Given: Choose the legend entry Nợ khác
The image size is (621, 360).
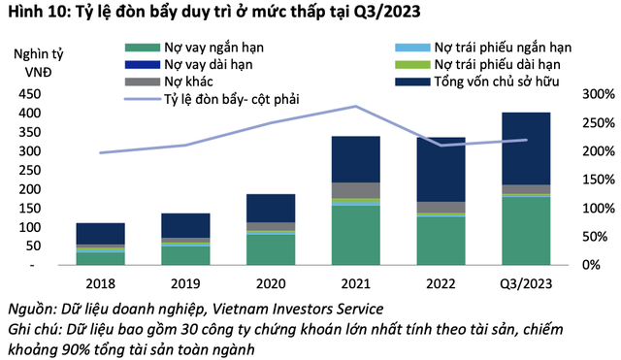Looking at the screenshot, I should [x=189, y=81].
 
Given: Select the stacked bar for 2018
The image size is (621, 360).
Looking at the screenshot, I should [x=100, y=244].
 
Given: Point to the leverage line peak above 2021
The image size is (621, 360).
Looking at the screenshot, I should [x=355, y=106].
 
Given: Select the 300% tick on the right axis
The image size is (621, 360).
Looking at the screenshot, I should [x=595, y=94].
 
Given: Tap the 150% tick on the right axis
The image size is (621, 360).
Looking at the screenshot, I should [x=595, y=180].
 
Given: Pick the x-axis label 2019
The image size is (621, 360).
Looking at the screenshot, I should [x=184, y=282].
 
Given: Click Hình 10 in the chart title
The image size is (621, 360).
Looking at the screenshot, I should [x=33, y=13].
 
